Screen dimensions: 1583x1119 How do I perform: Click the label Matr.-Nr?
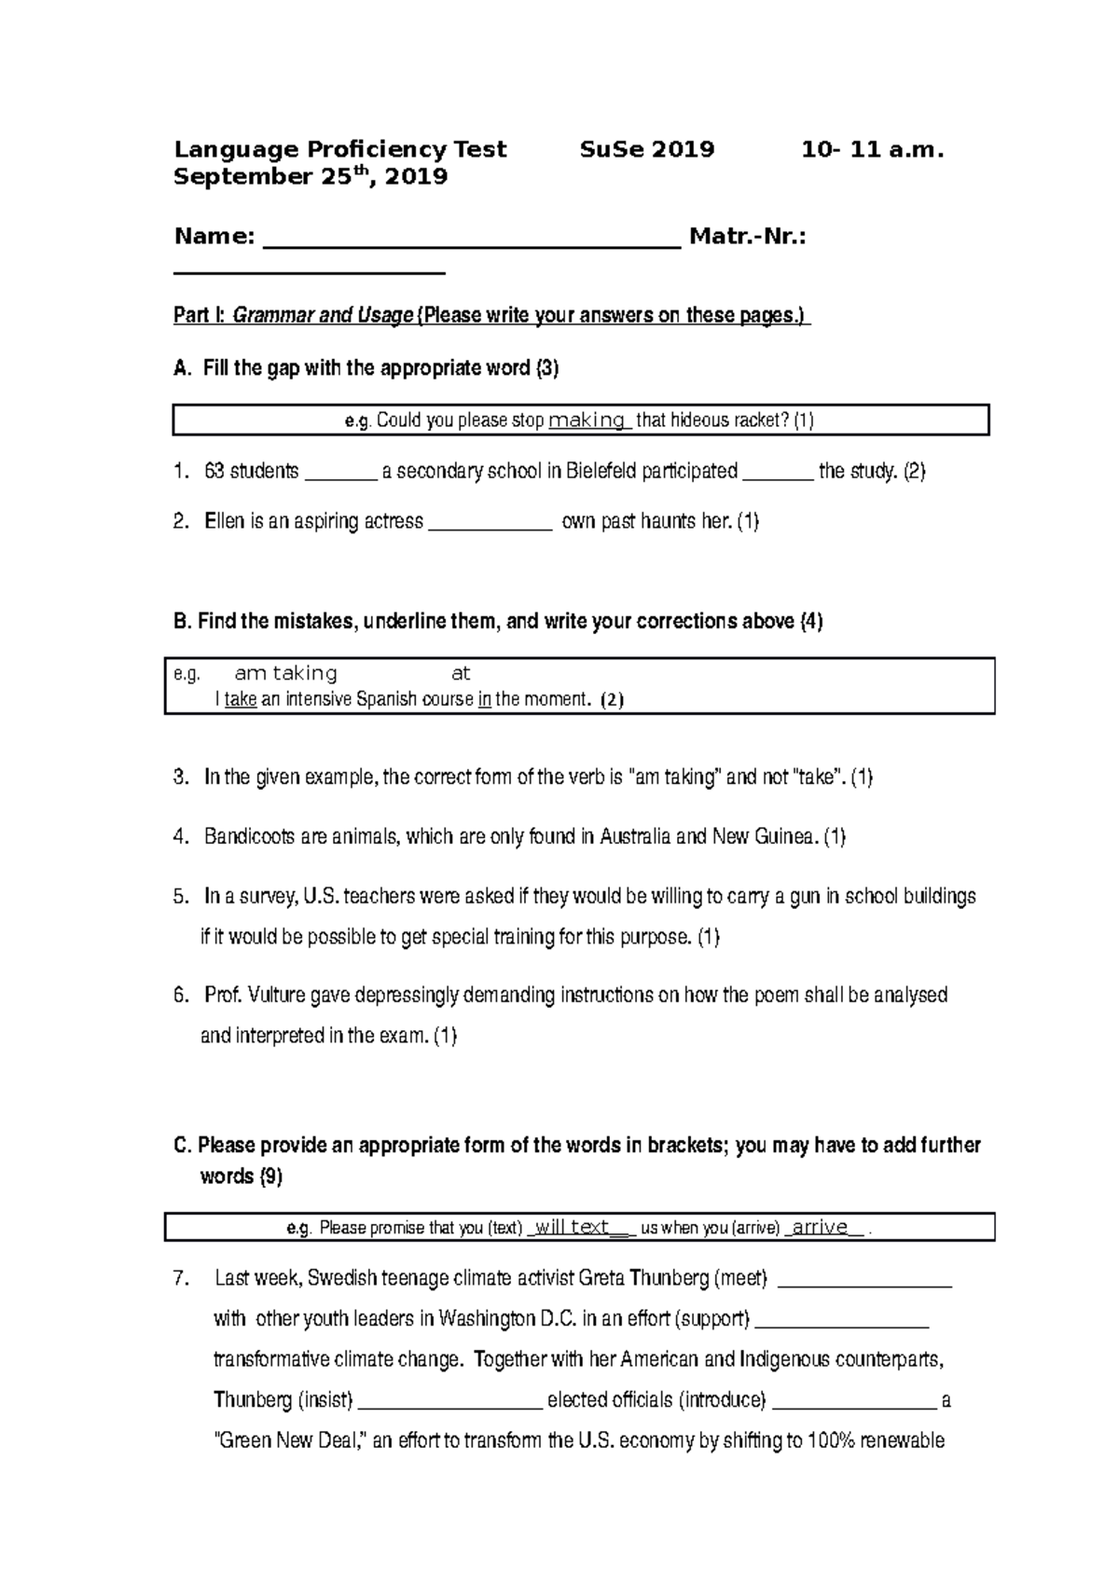747,238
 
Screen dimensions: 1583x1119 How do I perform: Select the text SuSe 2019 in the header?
647,150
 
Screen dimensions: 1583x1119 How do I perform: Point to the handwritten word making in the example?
587,420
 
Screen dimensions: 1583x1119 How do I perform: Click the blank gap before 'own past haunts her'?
490,524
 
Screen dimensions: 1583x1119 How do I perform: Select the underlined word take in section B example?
241,700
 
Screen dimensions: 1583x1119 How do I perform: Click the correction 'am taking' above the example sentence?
285,673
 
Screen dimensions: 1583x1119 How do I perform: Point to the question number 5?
181,897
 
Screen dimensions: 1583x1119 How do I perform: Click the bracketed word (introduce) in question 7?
723,1400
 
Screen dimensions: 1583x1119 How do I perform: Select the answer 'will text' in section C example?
573,1228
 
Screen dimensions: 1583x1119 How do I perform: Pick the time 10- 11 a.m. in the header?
873,150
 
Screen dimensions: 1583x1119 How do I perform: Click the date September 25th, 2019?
311,177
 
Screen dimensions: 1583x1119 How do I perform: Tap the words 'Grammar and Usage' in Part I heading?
323,316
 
